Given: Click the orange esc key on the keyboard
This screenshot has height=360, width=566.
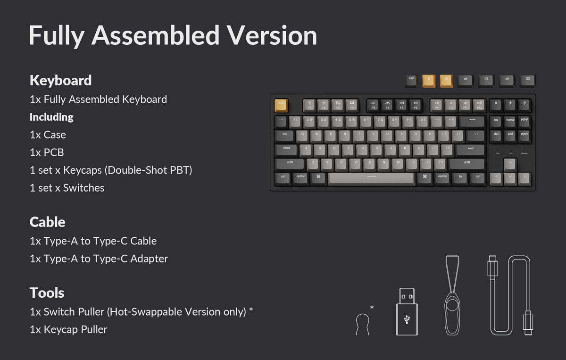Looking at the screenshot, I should coord(281,104).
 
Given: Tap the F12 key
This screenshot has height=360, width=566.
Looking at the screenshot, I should coord(479,105).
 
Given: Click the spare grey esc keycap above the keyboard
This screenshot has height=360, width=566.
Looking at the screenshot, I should coord(411,81).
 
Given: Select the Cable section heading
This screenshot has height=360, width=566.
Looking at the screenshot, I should coord(47,222).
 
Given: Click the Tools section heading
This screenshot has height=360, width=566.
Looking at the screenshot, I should coord(47,293).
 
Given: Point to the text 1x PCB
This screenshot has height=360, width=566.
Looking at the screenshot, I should coord(47,152).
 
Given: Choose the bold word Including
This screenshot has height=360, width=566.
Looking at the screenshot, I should coord(51,117).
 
